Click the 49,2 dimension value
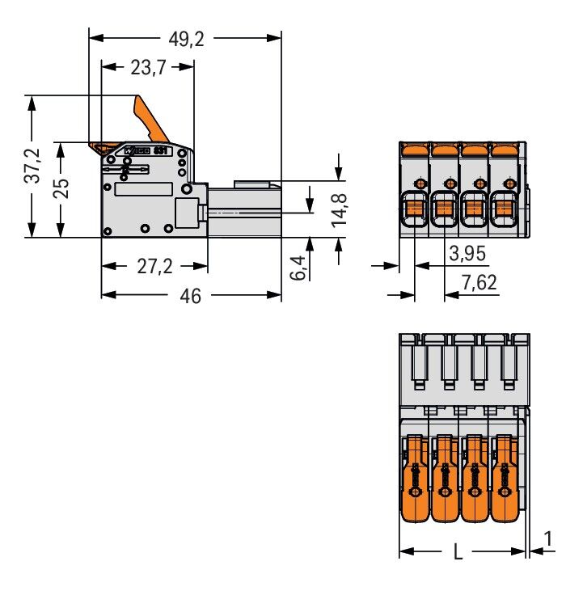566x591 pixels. coord(185,39)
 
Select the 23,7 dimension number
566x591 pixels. coord(148,68)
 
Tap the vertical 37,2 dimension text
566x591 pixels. coord(32,167)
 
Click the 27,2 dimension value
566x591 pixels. coord(154,266)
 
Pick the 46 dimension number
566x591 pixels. coord(191,296)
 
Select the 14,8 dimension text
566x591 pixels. coord(339,209)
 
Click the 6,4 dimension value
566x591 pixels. coord(298,266)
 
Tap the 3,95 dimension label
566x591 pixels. coord(467,254)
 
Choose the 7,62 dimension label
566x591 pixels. coord(479,283)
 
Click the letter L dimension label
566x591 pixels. coord(458,553)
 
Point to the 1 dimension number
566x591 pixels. coord(549,538)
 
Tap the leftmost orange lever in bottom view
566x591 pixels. coord(414,478)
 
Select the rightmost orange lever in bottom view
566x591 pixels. coord(506,478)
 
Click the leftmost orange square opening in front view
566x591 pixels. coord(415,210)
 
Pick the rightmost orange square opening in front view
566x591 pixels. coord(504,210)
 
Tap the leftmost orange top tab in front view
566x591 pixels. coord(414,149)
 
